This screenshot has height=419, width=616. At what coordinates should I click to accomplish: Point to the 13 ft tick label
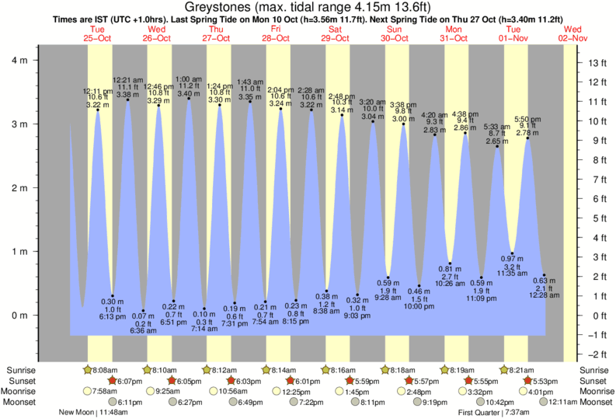(596, 62)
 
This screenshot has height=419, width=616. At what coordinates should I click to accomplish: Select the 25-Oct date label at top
(99, 38)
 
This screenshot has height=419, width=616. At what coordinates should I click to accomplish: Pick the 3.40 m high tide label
(189, 94)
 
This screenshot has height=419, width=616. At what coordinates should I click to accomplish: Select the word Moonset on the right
(596, 402)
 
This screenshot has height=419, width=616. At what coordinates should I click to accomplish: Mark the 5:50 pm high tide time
(527, 119)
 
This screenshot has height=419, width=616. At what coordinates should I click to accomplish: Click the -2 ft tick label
(597, 354)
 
